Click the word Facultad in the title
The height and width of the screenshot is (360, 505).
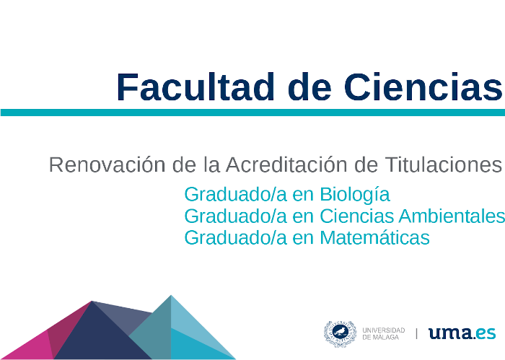point(196,87)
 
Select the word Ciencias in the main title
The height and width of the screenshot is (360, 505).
point(423,87)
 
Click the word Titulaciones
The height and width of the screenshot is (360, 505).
point(444,164)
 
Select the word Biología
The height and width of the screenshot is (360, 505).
point(355,195)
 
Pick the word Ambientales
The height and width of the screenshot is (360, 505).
point(452,216)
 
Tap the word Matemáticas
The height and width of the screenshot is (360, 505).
point(374,237)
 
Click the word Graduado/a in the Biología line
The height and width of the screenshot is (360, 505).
point(235,194)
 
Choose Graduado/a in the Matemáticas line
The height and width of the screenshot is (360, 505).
point(235,237)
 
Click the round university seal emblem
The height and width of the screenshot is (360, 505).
point(340,333)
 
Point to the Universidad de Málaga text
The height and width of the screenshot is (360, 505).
point(384,333)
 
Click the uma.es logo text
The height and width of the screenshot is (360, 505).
point(462,333)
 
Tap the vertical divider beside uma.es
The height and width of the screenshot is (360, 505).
point(417,333)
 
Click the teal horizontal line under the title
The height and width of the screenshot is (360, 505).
point(252,113)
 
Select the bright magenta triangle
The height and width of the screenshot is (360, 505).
point(30,348)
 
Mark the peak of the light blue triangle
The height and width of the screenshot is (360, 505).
point(171,295)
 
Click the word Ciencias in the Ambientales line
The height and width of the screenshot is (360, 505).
point(356,216)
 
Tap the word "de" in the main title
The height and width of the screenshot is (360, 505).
point(309,87)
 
